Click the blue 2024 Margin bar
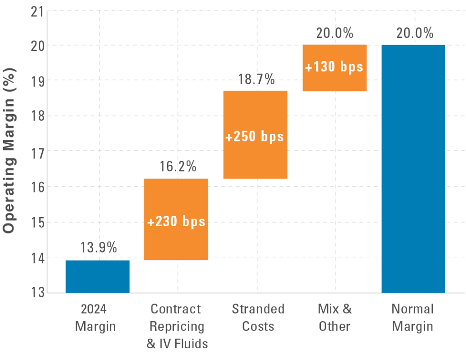(97, 276)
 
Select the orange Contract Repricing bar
(176, 200)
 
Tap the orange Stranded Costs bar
(255, 114)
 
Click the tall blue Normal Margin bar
(413, 168)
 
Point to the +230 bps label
(176, 222)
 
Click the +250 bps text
(255, 136)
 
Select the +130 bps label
(334, 66)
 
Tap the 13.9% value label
(99, 248)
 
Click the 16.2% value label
(178, 167)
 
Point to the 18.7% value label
(257, 79)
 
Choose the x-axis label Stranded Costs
(258, 318)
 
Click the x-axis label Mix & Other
(335, 318)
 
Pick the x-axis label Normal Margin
(413, 318)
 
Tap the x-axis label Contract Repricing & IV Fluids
(177, 326)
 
